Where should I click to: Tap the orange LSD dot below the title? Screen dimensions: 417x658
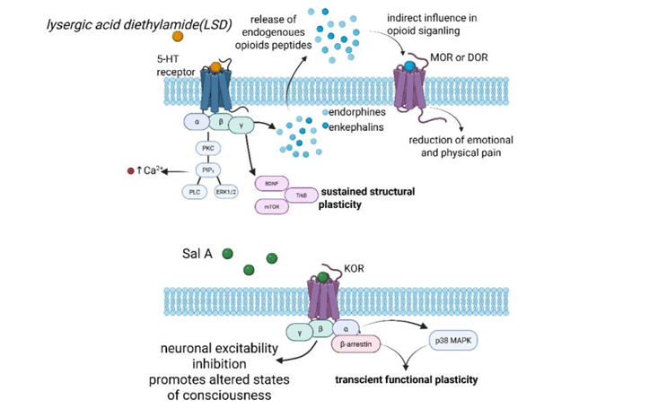pos(178,36)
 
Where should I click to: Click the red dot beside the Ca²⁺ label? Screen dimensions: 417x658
pos(130,170)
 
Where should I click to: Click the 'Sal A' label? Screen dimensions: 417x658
pos(197,255)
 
